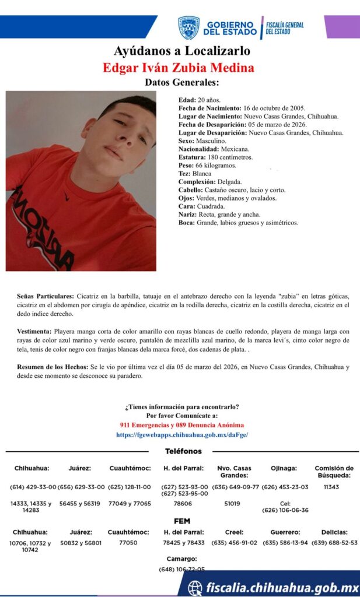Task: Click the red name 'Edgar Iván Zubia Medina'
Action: [179, 68]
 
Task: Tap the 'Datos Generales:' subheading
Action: [182, 82]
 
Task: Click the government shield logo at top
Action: [188, 27]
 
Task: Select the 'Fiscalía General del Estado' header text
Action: [285, 27]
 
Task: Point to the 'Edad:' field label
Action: [187, 100]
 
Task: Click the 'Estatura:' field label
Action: [191, 157]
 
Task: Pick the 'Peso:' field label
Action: [186, 166]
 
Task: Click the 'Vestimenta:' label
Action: [36, 331]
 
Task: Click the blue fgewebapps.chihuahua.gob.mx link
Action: [182, 435]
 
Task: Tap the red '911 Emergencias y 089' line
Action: [181, 426]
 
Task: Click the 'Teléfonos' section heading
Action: [183, 451]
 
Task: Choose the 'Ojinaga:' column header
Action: [284, 468]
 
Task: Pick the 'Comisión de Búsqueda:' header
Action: [334, 472]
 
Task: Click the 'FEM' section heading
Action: [182, 521]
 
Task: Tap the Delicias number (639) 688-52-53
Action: [334, 543]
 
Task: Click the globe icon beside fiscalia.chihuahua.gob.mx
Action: [195, 588]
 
